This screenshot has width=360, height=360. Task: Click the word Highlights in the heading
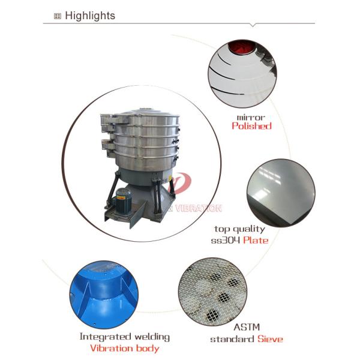pyautogui.click(x=90, y=16)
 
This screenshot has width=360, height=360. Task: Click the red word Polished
pyautogui.click(x=251, y=126)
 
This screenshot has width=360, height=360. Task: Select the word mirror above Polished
pyautogui.click(x=251, y=116)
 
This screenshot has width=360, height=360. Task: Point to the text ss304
pyautogui.click(x=225, y=240)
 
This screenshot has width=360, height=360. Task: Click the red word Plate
pyautogui.click(x=254, y=240)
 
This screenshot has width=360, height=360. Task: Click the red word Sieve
pyautogui.click(x=270, y=339)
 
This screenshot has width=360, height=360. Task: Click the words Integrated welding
pyautogui.click(x=124, y=337)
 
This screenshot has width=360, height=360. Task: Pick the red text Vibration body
pyautogui.click(x=125, y=348)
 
